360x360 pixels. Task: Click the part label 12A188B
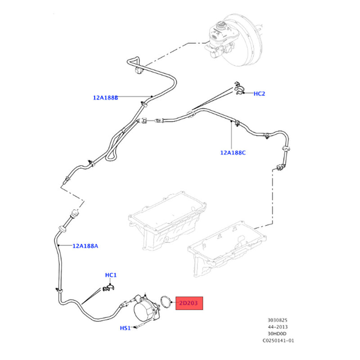(105, 98)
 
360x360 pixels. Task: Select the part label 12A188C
(233, 153)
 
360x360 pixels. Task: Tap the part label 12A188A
(85, 246)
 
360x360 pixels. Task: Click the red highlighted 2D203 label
(189, 303)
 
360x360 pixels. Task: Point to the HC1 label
(111, 275)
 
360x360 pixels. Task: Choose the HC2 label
(259, 94)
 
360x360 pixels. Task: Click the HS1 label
(125, 328)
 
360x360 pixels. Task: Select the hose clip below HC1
(108, 288)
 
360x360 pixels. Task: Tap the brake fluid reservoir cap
(221, 24)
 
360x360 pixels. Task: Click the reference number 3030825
(277, 320)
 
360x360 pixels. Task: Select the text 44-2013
(277, 327)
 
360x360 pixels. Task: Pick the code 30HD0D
(277, 333)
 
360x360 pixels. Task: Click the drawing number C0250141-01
(278, 341)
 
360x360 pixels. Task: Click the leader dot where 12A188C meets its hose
(231, 121)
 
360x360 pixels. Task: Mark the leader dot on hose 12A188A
(59, 246)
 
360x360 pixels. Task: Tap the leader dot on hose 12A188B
(152, 96)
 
